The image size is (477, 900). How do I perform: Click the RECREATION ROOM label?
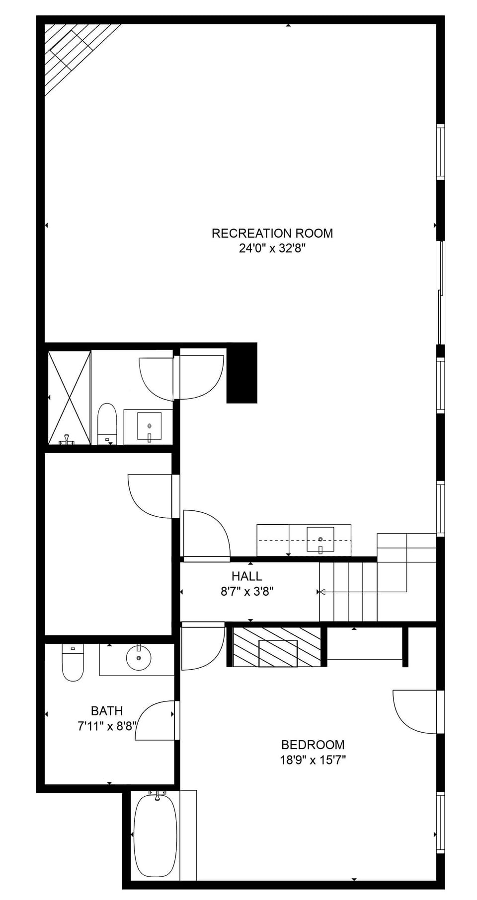[272, 233]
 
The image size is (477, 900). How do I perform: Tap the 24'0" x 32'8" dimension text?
[272, 248]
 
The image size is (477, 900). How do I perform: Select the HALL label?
[246, 576]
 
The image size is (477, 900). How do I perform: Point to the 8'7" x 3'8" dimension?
[247, 591]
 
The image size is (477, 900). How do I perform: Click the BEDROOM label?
[313, 745]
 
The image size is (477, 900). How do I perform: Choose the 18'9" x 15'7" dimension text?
[313, 760]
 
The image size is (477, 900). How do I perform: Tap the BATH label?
[107, 711]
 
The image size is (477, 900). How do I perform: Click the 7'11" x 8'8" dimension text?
[106, 726]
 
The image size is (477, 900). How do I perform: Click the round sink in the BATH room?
[139, 657]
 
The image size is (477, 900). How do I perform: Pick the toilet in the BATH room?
[73, 662]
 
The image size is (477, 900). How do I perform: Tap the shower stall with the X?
[69, 397]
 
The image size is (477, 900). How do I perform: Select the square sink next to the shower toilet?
[149, 426]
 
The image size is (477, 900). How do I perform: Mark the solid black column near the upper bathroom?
[242, 373]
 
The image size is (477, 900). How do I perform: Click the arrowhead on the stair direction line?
[322, 592]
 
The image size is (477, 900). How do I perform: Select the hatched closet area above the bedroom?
[277, 646]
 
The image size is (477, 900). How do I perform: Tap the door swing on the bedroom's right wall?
[414, 711]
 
